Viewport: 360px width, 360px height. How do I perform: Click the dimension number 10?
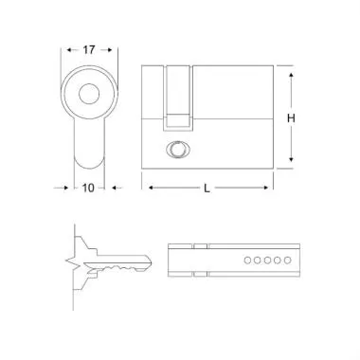click(87, 188)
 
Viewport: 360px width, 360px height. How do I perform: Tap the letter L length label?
click(207, 188)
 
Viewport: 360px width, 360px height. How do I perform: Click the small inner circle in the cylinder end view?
click(89, 93)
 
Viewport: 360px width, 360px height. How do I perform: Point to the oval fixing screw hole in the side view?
click(176, 149)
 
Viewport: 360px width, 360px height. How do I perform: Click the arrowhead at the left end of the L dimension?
click(147, 188)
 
